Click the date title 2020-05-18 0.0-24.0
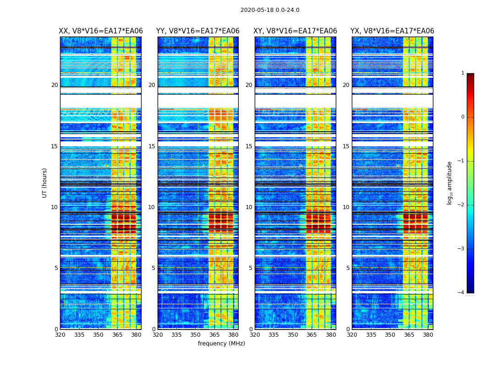point(270,10)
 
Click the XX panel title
point(101,31)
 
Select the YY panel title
point(198,31)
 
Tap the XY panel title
point(295,31)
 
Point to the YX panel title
point(392,31)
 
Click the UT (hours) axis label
point(45,183)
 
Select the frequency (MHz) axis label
point(221,344)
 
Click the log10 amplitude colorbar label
point(450,183)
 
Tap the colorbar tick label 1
point(463,73)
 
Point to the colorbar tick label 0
point(463,117)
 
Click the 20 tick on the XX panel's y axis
point(55,85)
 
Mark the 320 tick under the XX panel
point(60,335)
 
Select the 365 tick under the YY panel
point(214,335)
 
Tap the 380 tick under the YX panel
point(428,335)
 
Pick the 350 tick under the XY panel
point(293,335)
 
